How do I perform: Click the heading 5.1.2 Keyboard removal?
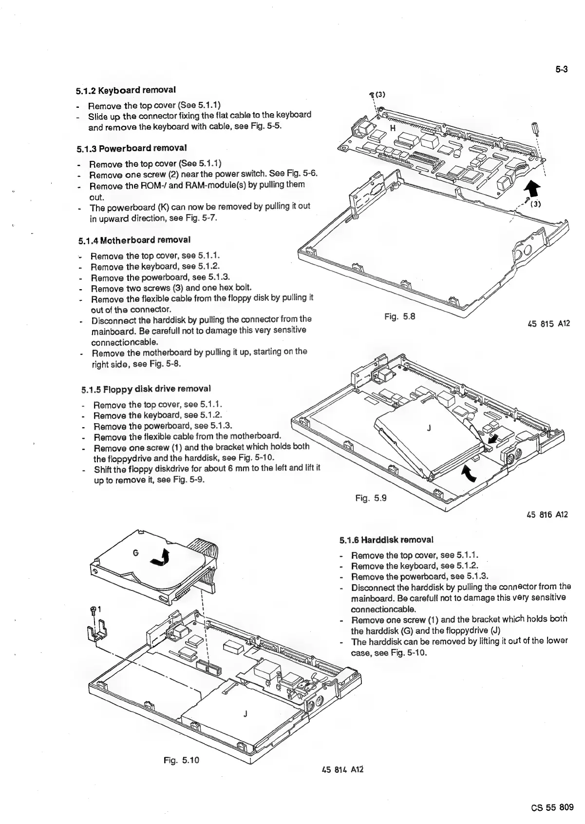[x=126, y=90]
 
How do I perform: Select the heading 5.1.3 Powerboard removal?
[x=132, y=148]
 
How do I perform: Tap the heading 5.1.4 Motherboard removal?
[x=134, y=240]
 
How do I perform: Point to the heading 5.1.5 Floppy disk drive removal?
[x=146, y=389]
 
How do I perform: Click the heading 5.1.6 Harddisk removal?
[x=386, y=540]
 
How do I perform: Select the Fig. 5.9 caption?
[x=371, y=498]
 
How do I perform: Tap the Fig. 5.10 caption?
[x=182, y=760]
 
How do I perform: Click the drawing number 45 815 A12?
[x=548, y=324]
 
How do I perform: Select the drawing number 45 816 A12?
[x=547, y=514]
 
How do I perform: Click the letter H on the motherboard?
[x=392, y=128]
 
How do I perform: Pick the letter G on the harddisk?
[x=136, y=553]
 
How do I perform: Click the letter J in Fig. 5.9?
[x=428, y=428]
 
